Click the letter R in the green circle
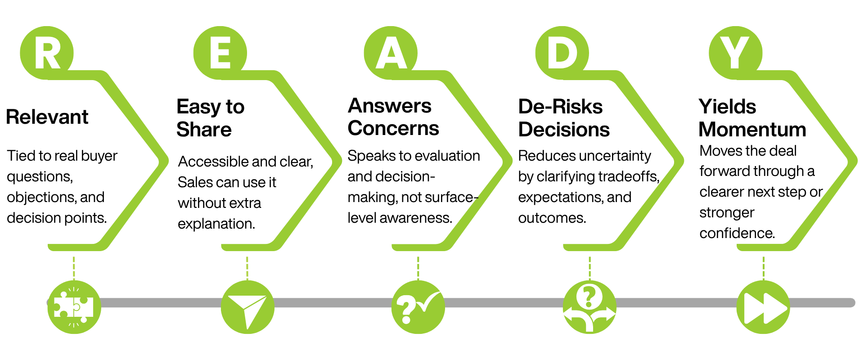pos(47,53)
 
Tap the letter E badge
pos(220,53)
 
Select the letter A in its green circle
pos(391,53)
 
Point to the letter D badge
pos(562,53)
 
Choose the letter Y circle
pos(735,53)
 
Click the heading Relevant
pos(47,117)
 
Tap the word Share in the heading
pos(204,130)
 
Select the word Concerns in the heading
pos(393,128)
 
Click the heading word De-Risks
pos(560,107)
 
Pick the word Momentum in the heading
pos(752,130)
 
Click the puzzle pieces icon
pos(74,307)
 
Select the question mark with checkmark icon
pos(418,307)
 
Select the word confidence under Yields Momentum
pos(737,233)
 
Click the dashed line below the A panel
pos(418,268)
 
